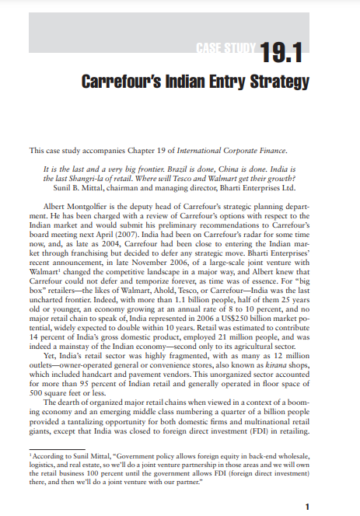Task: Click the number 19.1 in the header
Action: pyautogui.click(x=281, y=54)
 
